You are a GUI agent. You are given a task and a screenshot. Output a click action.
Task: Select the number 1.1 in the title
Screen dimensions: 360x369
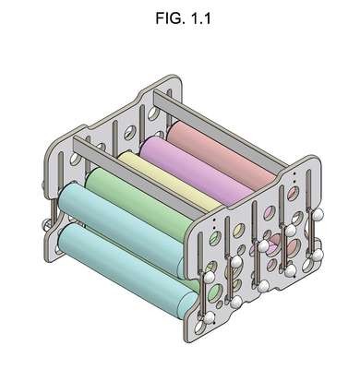coord(200,18)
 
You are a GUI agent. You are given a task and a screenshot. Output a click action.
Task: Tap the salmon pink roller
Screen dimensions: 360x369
coord(222,153)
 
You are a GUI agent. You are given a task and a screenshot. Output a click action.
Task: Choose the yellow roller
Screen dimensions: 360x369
coord(169,178)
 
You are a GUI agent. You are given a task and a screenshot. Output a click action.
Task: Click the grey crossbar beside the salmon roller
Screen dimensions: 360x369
coord(221,128)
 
